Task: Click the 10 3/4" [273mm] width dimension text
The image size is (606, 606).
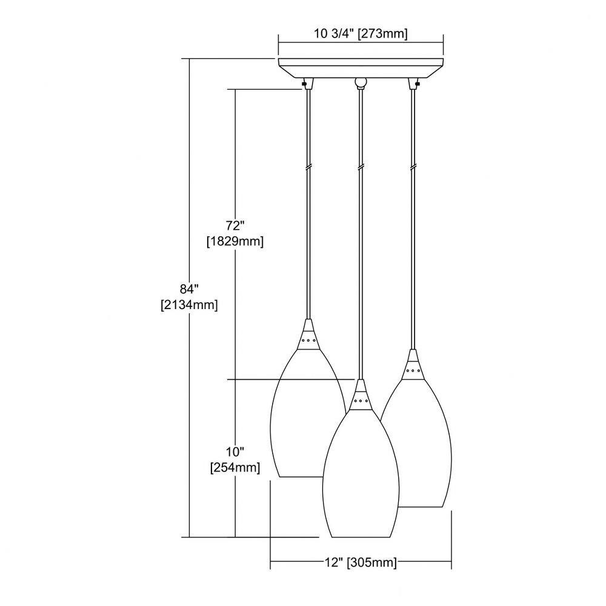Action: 361,34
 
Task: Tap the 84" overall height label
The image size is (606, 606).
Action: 189,288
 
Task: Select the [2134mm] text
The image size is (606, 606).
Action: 189,305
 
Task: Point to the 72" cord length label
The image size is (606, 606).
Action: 235,225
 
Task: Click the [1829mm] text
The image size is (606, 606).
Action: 235,242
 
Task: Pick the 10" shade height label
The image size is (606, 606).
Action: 235,451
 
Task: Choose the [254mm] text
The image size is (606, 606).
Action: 235,468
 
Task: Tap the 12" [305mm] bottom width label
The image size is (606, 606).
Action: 361,562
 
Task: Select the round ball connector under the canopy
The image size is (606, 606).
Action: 361,82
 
